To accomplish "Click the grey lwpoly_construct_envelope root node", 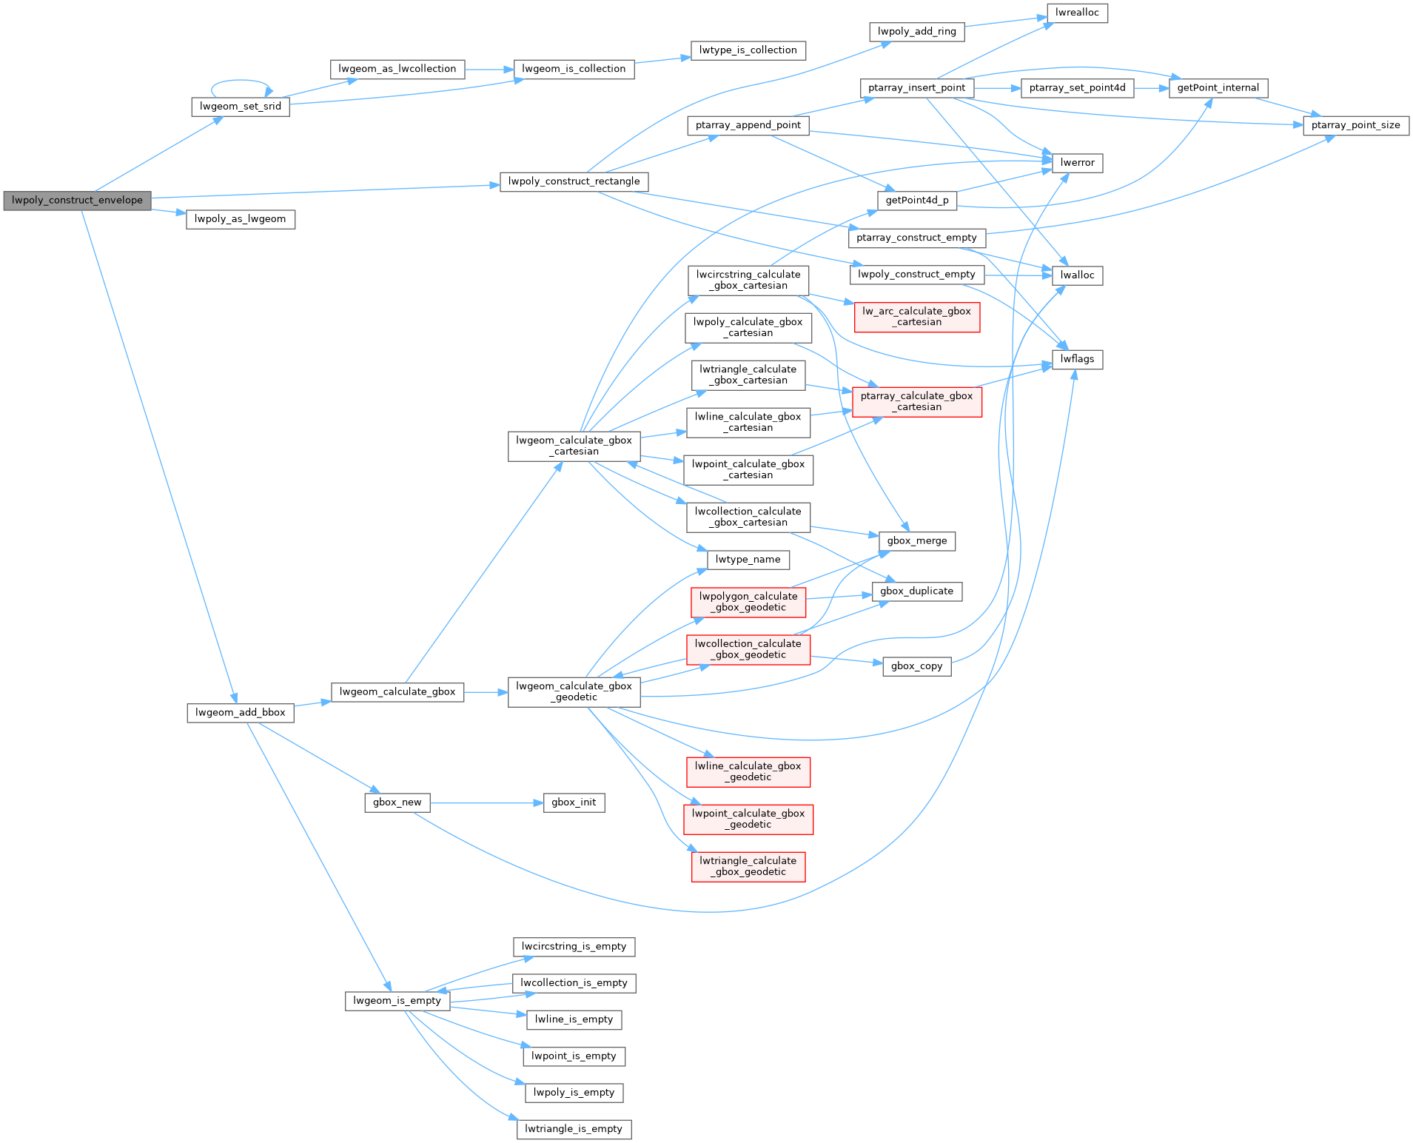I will (77, 201).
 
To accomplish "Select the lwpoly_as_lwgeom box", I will (240, 219).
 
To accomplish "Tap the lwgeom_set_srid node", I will (240, 107).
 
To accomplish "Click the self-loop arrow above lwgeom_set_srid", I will (241, 81).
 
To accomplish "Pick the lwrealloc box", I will (1077, 13).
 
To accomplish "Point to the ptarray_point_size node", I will (1355, 125).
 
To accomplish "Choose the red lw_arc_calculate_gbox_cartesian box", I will (916, 317).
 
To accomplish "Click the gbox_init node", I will (574, 802).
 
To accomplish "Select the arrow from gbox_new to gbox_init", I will (486, 802).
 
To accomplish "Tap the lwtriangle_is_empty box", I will (574, 1129).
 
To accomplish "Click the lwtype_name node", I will (748, 560).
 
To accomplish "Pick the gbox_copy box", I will (916, 666).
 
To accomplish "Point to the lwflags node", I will (1077, 360).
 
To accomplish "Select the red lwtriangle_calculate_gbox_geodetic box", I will (748, 866).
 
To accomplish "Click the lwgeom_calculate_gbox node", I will (397, 692).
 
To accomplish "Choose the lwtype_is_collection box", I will (748, 50).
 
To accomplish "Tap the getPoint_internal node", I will (1218, 88).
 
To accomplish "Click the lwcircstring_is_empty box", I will (574, 947).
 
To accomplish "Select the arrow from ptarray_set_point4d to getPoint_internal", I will (1151, 88).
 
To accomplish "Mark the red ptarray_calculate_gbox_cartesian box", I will (916, 401).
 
